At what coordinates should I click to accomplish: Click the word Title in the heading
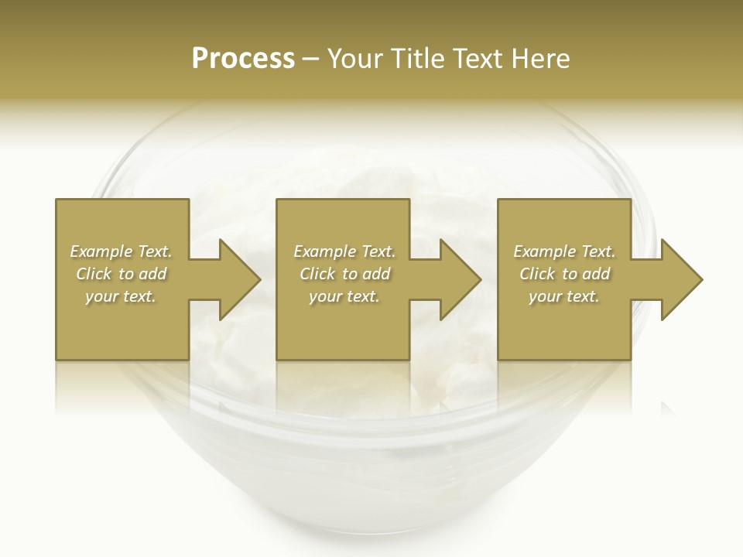418,59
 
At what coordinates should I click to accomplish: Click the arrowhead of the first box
236,279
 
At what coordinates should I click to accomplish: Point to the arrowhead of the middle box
457,279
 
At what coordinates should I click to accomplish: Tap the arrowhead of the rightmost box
679,279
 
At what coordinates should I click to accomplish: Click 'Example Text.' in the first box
121,251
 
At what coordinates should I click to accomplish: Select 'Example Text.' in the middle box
344,251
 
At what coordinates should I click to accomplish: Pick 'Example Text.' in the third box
564,251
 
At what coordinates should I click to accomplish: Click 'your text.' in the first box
121,296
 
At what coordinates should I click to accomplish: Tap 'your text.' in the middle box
344,296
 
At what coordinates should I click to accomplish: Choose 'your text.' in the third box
564,296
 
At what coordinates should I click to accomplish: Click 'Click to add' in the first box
121,274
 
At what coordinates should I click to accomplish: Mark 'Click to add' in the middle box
344,274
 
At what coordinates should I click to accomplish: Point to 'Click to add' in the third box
564,274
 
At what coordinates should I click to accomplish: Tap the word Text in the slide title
481,59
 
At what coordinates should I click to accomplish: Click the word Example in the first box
101,251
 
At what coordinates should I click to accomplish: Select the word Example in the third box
545,251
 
